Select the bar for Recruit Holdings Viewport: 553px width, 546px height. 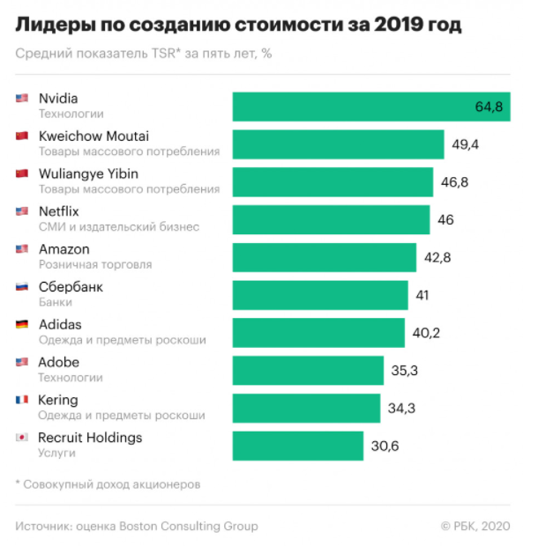pos(297,446)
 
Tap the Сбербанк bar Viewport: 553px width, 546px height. pos(320,295)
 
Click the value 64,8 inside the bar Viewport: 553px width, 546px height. pos(488,107)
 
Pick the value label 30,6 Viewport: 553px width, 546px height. pos(385,446)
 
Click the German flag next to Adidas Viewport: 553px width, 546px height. pos(22,324)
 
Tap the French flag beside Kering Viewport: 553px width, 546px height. pos(22,400)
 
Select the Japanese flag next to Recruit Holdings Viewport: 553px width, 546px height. pos(22,438)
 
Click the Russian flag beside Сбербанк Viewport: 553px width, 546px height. pos(22,286)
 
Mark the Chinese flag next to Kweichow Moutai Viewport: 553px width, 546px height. pos(22,136)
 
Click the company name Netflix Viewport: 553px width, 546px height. pos(59,211)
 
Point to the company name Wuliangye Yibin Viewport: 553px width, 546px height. pos(88,173)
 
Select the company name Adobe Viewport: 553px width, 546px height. pos(59,362)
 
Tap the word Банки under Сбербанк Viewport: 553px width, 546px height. pos(56,302)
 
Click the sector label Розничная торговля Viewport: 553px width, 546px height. pos(95,264)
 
